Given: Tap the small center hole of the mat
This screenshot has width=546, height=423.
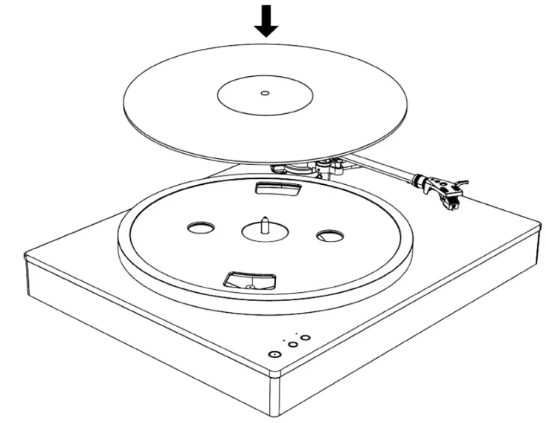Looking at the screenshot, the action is [265, 93].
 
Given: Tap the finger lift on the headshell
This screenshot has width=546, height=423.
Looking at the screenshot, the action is [462, 181].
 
